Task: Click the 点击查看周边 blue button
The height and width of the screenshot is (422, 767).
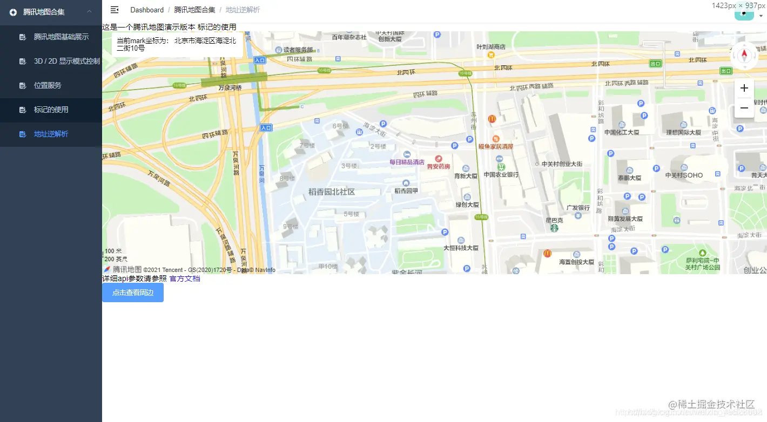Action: point(133,292)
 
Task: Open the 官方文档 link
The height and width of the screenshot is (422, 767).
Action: point(185,278)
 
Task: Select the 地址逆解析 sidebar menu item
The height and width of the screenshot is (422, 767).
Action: point(51,134)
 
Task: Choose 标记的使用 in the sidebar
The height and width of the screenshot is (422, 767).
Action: point(51,110)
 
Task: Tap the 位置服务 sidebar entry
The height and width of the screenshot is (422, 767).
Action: point(48,85)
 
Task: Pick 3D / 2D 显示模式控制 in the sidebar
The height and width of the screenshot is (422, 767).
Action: point(66,61)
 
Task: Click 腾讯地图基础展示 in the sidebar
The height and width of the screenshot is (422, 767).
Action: point(61,37)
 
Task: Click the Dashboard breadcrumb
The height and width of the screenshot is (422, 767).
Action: point(147,10)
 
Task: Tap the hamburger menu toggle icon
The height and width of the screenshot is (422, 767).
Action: point(115,10)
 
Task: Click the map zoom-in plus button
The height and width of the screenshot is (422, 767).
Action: point(744,88)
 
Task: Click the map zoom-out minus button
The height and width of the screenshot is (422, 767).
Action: point(744,108)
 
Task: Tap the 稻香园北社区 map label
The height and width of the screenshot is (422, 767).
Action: point(332,192)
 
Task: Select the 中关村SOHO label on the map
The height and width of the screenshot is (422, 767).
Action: point(684,175)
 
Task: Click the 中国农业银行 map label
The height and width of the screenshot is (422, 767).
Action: point(501,174)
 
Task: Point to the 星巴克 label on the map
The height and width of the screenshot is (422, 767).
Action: point(554,220)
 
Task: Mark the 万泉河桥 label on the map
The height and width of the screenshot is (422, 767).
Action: point(230,87)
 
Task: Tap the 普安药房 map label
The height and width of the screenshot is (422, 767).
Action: point(439,166)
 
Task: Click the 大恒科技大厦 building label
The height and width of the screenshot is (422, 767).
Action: point(461,248)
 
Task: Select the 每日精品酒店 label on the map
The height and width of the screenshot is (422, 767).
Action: point(407,162)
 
